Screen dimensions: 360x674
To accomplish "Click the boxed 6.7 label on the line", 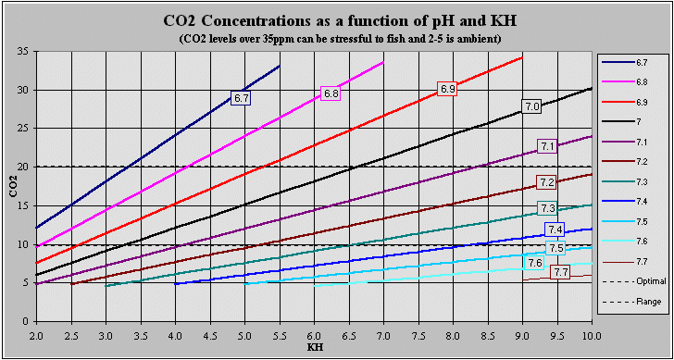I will tap(242, 97).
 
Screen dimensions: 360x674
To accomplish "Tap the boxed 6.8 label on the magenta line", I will tap(331, 93).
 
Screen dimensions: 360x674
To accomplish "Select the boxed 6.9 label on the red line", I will tap(448, 89).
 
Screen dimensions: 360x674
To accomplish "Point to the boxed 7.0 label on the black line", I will tap(531, 106).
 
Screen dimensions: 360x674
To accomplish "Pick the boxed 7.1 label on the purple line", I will tap(547, 146).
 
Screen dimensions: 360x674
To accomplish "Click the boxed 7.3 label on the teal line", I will tap(547, 208).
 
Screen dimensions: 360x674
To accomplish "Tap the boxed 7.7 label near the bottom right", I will tap(560, 272).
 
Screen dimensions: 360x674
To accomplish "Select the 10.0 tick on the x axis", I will tap(592, 334).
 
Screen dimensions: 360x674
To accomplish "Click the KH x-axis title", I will tap(315, 348).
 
